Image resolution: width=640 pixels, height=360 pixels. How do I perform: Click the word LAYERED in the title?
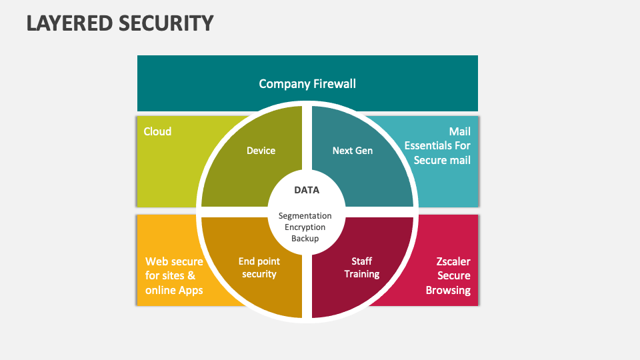[69, 23]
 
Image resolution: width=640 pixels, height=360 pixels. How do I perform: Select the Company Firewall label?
[307, 83]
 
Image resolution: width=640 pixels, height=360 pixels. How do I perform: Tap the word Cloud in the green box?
[157, 131]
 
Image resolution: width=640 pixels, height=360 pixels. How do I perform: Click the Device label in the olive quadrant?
[261, 151]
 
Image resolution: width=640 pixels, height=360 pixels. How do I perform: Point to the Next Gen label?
[353, 151]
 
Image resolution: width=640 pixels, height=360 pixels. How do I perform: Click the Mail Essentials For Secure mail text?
[437, 145]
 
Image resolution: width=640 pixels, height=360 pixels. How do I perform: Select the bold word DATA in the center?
[307, 190]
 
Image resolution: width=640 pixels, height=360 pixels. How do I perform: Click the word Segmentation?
[305, 215]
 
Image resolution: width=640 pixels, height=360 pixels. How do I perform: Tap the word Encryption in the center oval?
[305, 227]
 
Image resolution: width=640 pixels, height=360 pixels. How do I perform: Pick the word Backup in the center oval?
[305, 238]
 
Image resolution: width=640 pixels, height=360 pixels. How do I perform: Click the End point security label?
[259, 268]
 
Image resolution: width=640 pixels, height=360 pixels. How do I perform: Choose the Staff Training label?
[362, 268]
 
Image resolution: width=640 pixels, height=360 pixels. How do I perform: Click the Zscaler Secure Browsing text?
[449, 275]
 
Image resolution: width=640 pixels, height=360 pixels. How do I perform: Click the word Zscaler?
[453, 261]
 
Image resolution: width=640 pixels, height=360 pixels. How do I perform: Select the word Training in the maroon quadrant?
[362, 274]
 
